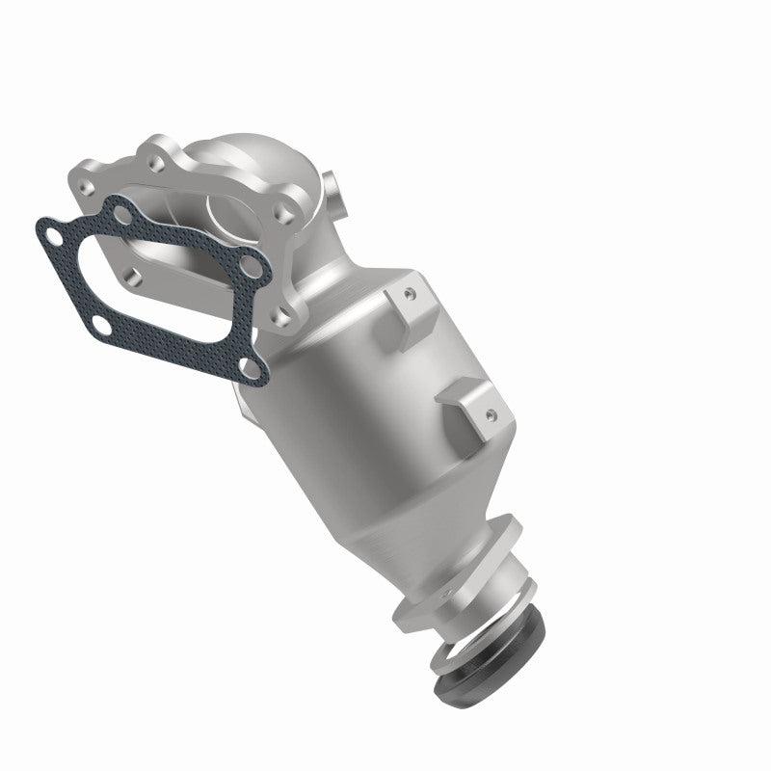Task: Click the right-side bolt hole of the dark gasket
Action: pyautogui.click(x=253, y=261)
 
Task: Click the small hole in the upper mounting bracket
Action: pyautogui.click(x=408, y=289)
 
